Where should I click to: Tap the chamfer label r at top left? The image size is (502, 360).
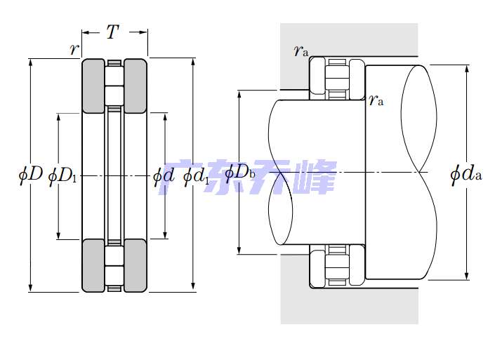(73, 49)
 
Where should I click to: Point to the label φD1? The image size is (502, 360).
(62, 175)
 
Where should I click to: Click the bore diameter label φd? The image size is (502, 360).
(163, 175)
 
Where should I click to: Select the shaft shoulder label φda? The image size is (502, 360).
(466, 173)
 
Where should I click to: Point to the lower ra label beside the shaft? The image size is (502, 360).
(377, 100)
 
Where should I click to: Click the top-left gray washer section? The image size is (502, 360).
(94, 86)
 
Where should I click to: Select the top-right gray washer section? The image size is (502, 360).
(136, 86)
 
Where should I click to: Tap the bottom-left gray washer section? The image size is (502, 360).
(94, 265)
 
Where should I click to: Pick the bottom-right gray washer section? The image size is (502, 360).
(136, 265)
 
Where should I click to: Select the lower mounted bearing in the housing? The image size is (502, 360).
(337, 266)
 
